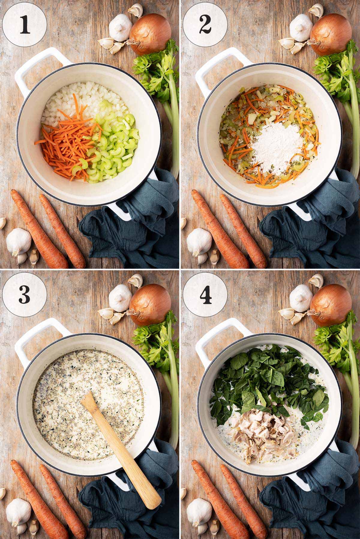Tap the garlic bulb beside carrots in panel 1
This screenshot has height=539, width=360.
pyautogui.click(x=19, y=241)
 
